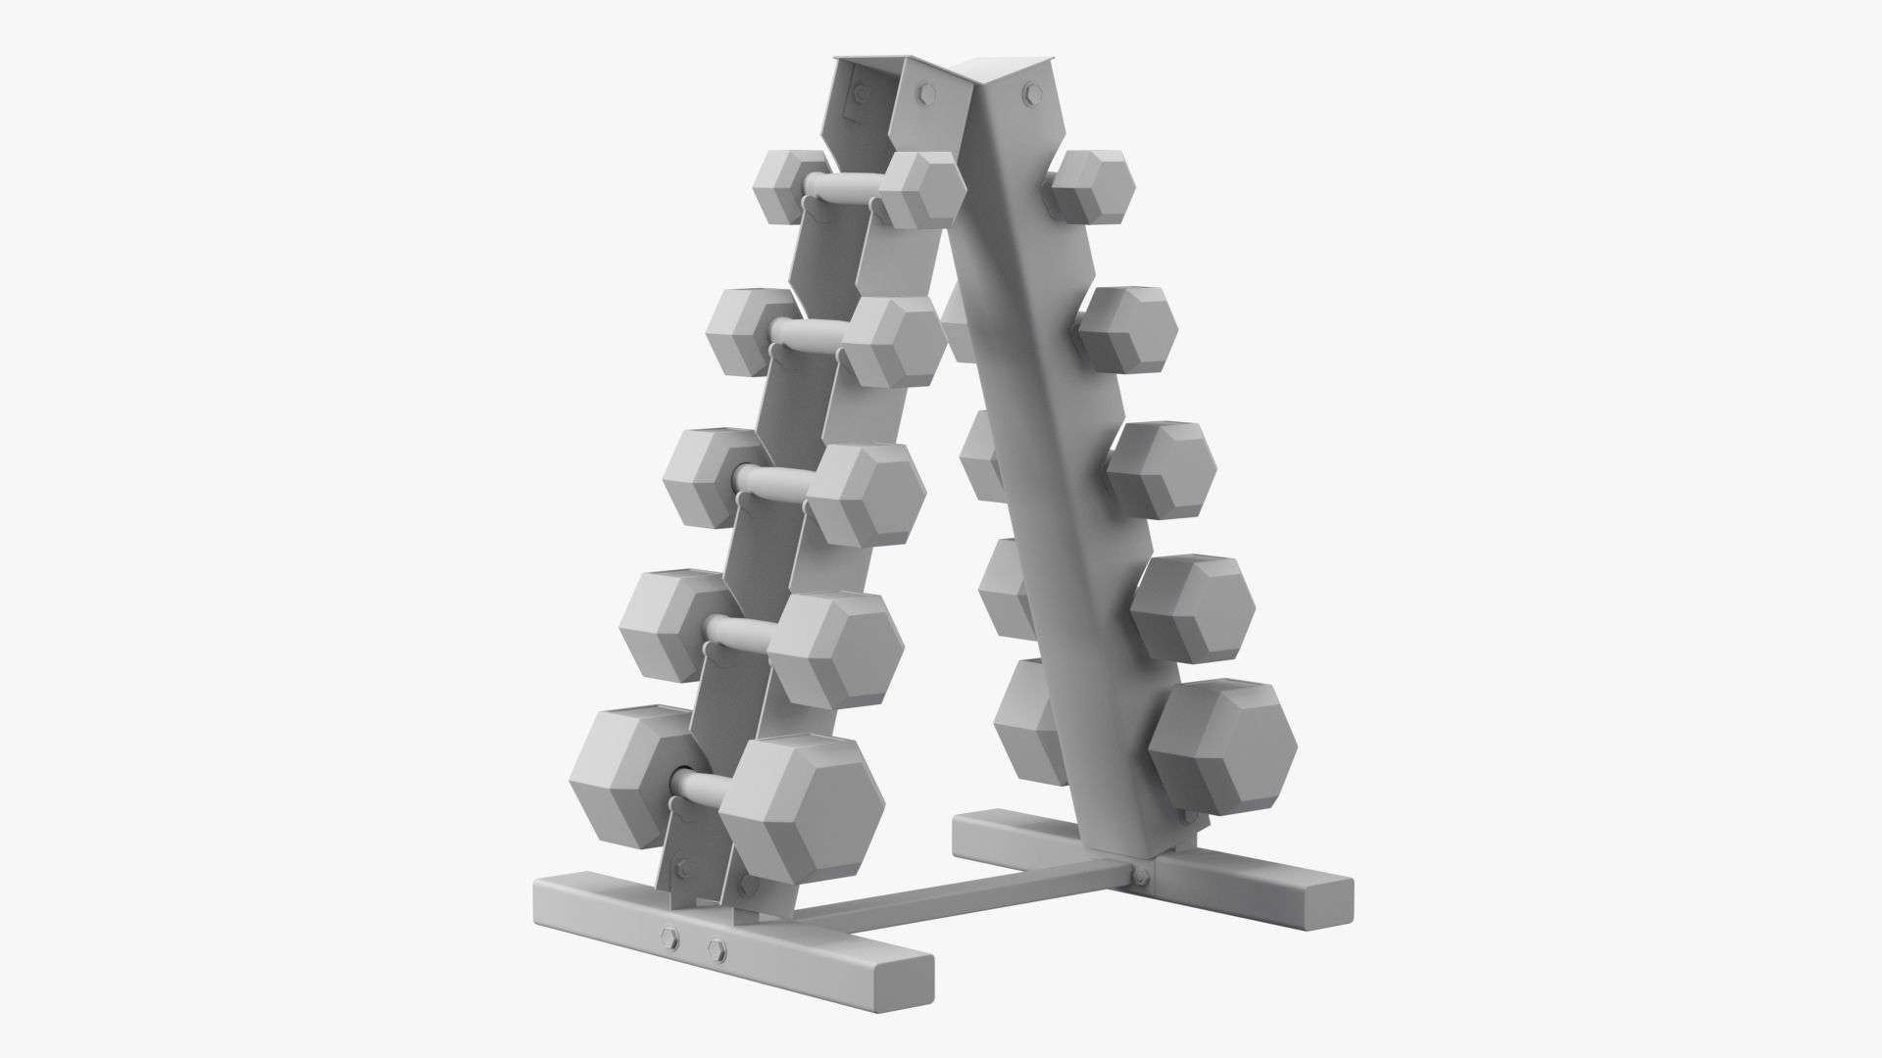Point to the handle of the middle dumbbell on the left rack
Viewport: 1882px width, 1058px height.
click(774, 480)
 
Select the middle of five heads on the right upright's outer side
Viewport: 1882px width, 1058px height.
click(1161, 468)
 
